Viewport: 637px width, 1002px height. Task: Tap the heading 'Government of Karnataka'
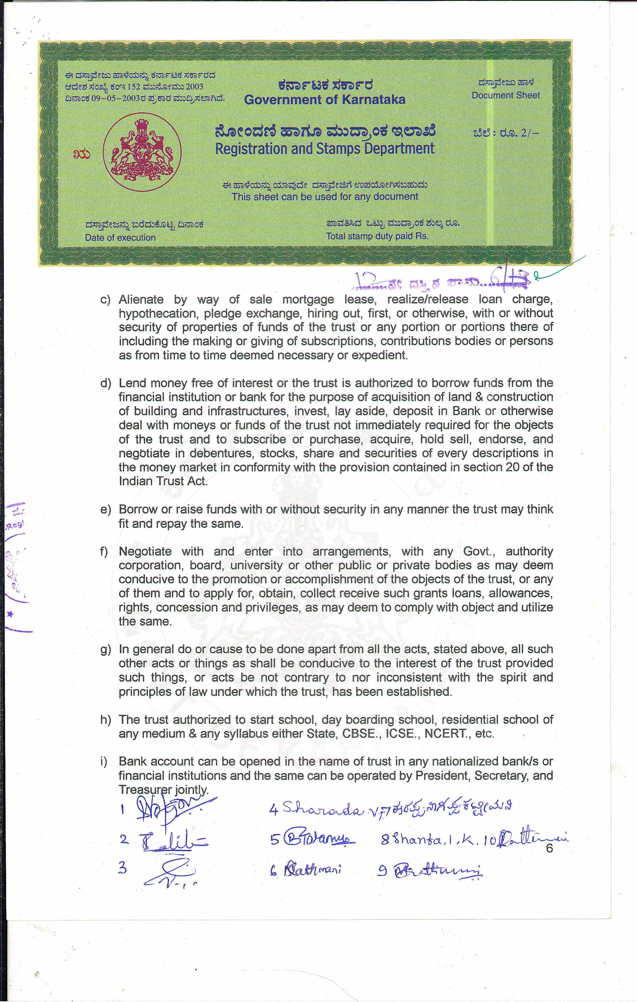tap(325, 100)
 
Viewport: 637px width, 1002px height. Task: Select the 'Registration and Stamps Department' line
tap(325, 149)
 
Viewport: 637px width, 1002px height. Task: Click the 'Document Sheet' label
tap(506, 95)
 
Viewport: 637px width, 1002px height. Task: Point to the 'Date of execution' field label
tap(120, 238)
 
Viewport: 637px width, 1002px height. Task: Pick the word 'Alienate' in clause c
tap(141, 300)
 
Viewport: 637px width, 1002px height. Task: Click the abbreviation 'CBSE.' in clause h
tap(362, 734)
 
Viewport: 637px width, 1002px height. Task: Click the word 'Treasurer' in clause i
tap(145, 789)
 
